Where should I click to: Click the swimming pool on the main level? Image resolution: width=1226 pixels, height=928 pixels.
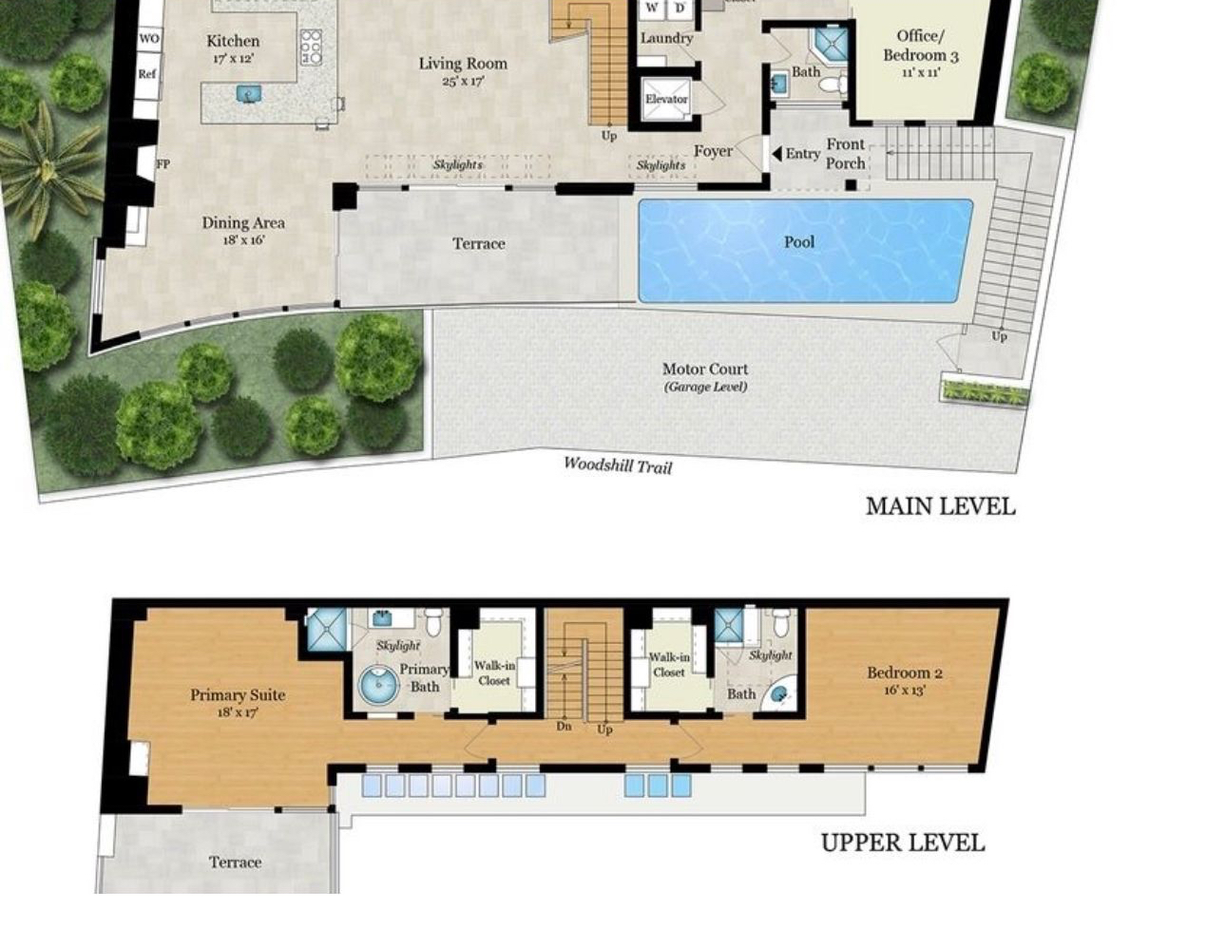(804, 251)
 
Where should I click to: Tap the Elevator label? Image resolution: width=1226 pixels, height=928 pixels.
(665, 99)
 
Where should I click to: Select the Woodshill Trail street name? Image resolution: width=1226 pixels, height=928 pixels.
(617, 464)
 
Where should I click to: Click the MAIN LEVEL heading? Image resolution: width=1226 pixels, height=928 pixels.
(939, 506)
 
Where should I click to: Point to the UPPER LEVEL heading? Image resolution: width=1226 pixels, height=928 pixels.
(902, 843)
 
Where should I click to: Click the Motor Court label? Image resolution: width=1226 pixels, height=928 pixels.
(705, 369)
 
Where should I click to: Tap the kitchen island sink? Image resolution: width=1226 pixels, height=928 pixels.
(248, 94)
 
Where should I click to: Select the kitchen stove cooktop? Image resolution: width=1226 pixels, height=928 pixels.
(311, 47)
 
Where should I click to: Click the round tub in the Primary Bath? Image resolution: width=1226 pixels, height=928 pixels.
(378, 685)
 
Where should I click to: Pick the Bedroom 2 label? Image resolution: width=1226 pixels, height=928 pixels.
(904, 672)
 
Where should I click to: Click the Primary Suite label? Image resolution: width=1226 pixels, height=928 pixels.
(238, 694)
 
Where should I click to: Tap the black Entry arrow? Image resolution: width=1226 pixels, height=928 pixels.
(776, 154)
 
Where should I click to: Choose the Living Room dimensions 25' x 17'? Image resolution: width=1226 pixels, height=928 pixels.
(463, 82)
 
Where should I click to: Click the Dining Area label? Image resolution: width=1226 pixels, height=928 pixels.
(243, 223)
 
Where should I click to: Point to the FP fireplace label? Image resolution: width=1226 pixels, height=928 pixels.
(163, 163)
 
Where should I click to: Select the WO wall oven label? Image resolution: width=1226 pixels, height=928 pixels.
(148, 39)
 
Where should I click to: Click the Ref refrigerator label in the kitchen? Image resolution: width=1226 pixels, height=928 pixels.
(147, 74)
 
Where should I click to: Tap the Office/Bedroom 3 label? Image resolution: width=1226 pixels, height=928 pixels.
(920, 46)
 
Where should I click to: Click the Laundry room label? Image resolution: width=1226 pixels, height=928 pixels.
(665, 38)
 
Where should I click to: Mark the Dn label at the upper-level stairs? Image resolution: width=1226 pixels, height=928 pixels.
(564, 726)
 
